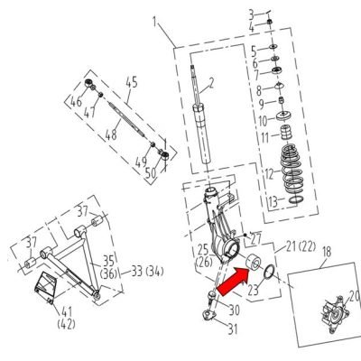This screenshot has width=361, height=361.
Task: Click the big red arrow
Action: point(234,281)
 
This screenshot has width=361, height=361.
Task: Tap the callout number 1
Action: point(155,22)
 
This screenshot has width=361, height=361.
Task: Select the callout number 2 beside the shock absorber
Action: point(211,82)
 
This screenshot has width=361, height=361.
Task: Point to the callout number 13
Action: point(273,202)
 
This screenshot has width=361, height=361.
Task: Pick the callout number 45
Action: point(131,82)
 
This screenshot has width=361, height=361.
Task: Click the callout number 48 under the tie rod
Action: point(111,134)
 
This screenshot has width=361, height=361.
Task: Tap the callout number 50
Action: point(152,173)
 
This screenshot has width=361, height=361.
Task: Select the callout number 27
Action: point(256,240)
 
